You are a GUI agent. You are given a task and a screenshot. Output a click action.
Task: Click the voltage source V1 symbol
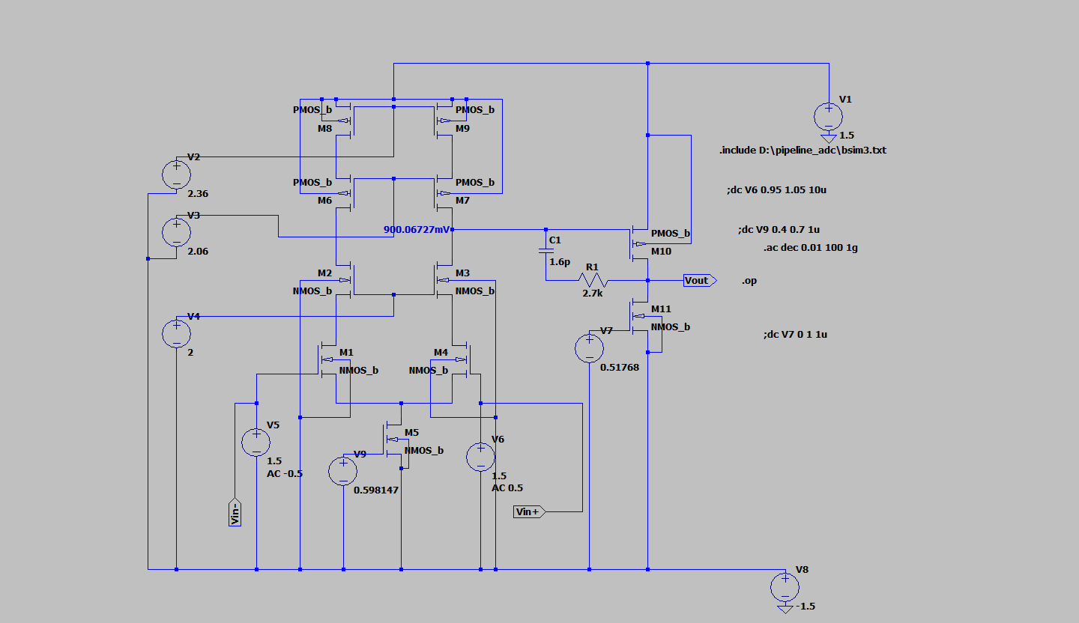click(x=828, y=117)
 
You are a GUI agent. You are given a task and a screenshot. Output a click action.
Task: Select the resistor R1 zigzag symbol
click(x=592, y=281)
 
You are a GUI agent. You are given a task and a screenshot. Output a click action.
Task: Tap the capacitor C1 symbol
click(x=546, y=252)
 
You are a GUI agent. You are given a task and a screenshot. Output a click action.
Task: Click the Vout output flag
click(x=699, y=281)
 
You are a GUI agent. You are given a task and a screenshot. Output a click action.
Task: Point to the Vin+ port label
click(x=529, y=512)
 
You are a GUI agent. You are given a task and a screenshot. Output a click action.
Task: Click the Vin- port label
click(x=235, y=511)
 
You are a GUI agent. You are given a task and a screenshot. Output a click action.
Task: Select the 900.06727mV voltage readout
click(x=417, y=230)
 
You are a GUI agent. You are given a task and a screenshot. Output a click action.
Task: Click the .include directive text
click(x=803, y=151)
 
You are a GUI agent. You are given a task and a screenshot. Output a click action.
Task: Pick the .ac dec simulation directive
click(x=810, y=248)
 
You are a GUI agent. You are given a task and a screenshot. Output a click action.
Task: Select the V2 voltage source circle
click(x=176, y=174)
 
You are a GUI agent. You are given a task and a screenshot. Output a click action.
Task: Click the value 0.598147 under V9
click(x=376, y=490)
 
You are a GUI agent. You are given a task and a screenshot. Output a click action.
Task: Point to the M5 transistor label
click(x=412, y=433)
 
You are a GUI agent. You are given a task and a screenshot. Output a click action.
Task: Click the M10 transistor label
click(x=661, y=252)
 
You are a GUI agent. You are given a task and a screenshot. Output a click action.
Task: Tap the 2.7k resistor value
click(x=592, y=294)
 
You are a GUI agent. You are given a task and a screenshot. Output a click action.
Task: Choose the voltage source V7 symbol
click(x=589, y=349)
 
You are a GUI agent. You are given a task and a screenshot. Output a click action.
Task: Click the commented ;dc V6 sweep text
click(x=776, y=190)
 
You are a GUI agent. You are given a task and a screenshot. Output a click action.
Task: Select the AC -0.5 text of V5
click(x=285, y=474)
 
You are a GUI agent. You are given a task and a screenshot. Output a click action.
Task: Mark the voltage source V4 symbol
click(x=176, y=333)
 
